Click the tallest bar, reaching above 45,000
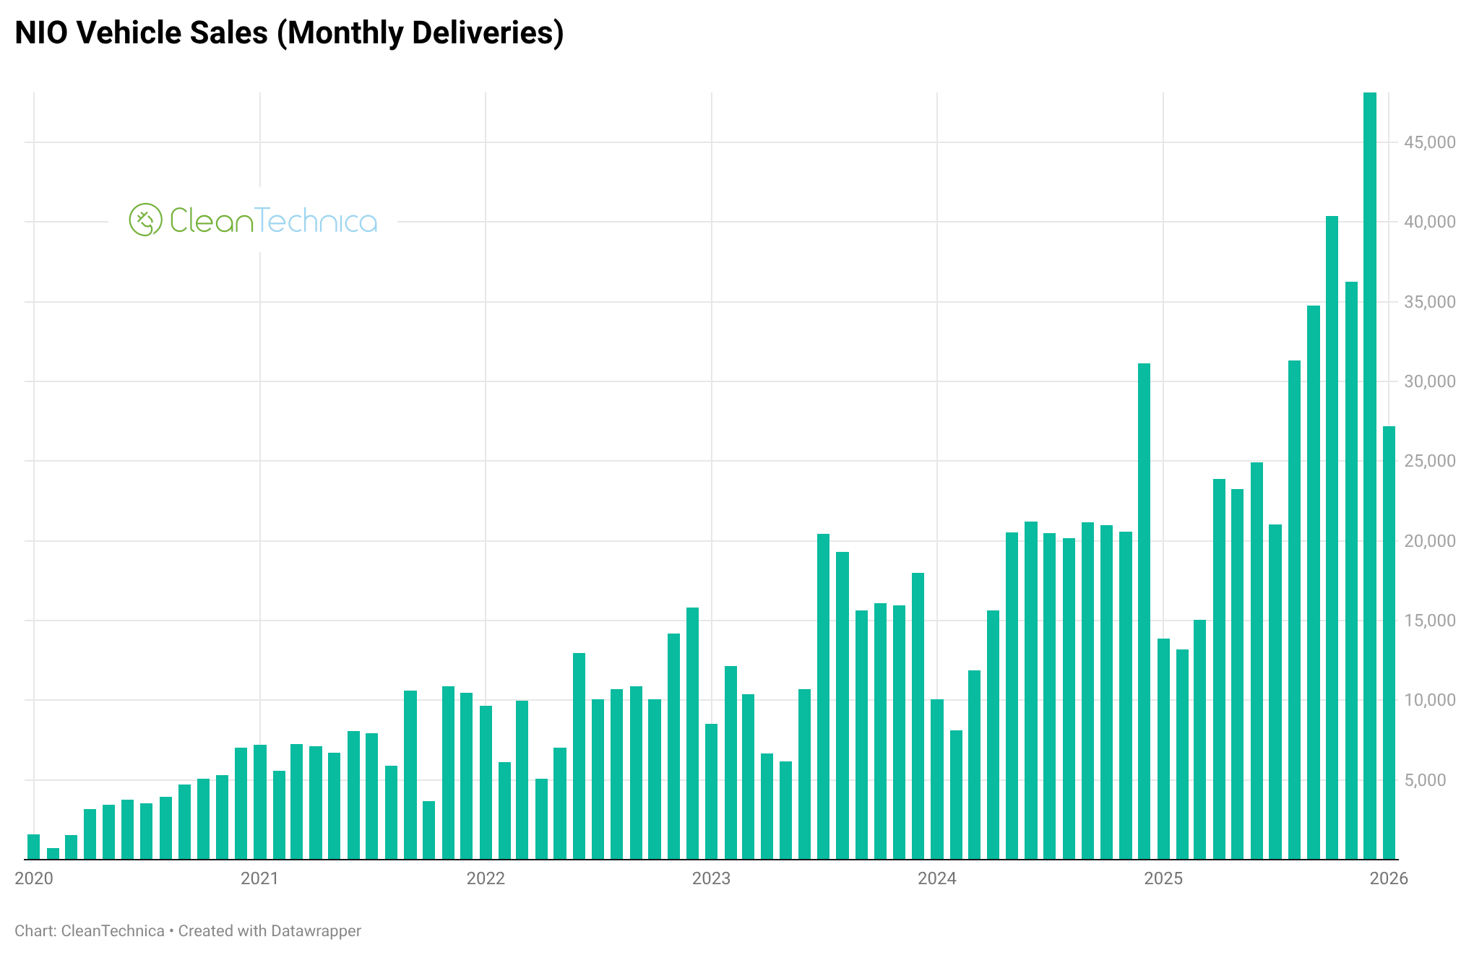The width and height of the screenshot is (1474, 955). click(x=1369, y=477)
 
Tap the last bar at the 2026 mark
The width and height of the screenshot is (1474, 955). click(x=1389, y=643)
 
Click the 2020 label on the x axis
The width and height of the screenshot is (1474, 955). click(x=34, y=878)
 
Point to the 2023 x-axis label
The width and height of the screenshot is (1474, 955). click(x=711, y=878)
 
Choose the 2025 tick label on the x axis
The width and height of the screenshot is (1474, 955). click(x=1163, y=878)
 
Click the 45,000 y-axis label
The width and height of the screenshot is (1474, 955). click(x=1429, y=142)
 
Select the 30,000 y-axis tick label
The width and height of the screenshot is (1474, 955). click(x=1429, y=381)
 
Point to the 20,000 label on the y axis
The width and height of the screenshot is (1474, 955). click(x=1429, y=541)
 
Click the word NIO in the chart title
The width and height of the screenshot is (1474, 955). click(x=42, y=33)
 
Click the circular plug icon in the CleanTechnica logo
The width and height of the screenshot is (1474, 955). click(x=145, y=220)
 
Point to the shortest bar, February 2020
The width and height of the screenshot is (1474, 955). click(x=53, y=854)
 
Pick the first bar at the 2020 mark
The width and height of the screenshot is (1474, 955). click(x=33, y=847)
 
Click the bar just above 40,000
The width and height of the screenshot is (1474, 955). click(x=1332, y=538)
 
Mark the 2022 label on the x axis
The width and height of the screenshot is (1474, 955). click(x=486, y=878)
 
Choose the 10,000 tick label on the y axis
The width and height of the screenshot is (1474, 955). click(x=1429, y=700)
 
